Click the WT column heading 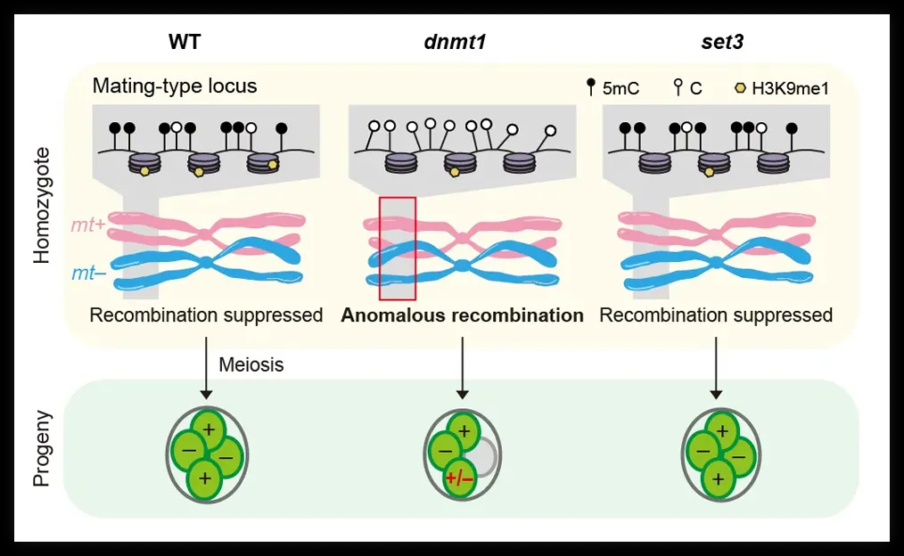coord(185,42)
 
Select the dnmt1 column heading coord(455,42)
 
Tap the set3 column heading coord(722,42)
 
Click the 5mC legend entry coord(612,87)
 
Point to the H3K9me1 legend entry coord(782,88)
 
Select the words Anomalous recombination coord(462,315)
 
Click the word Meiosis coord(251,364)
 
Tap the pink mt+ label coord(88,225)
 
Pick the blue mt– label coord(89,273)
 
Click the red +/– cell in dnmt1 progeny coord(459,478)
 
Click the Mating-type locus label coord(174,86)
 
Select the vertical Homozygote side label coord(42,206)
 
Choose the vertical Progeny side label coord(42,448)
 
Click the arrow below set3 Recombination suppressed coord(716,368)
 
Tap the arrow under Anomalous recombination coord(462,368)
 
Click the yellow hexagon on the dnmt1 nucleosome coord(455,172)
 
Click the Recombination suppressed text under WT coord(206,315)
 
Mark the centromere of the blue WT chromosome coord(206,264)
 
